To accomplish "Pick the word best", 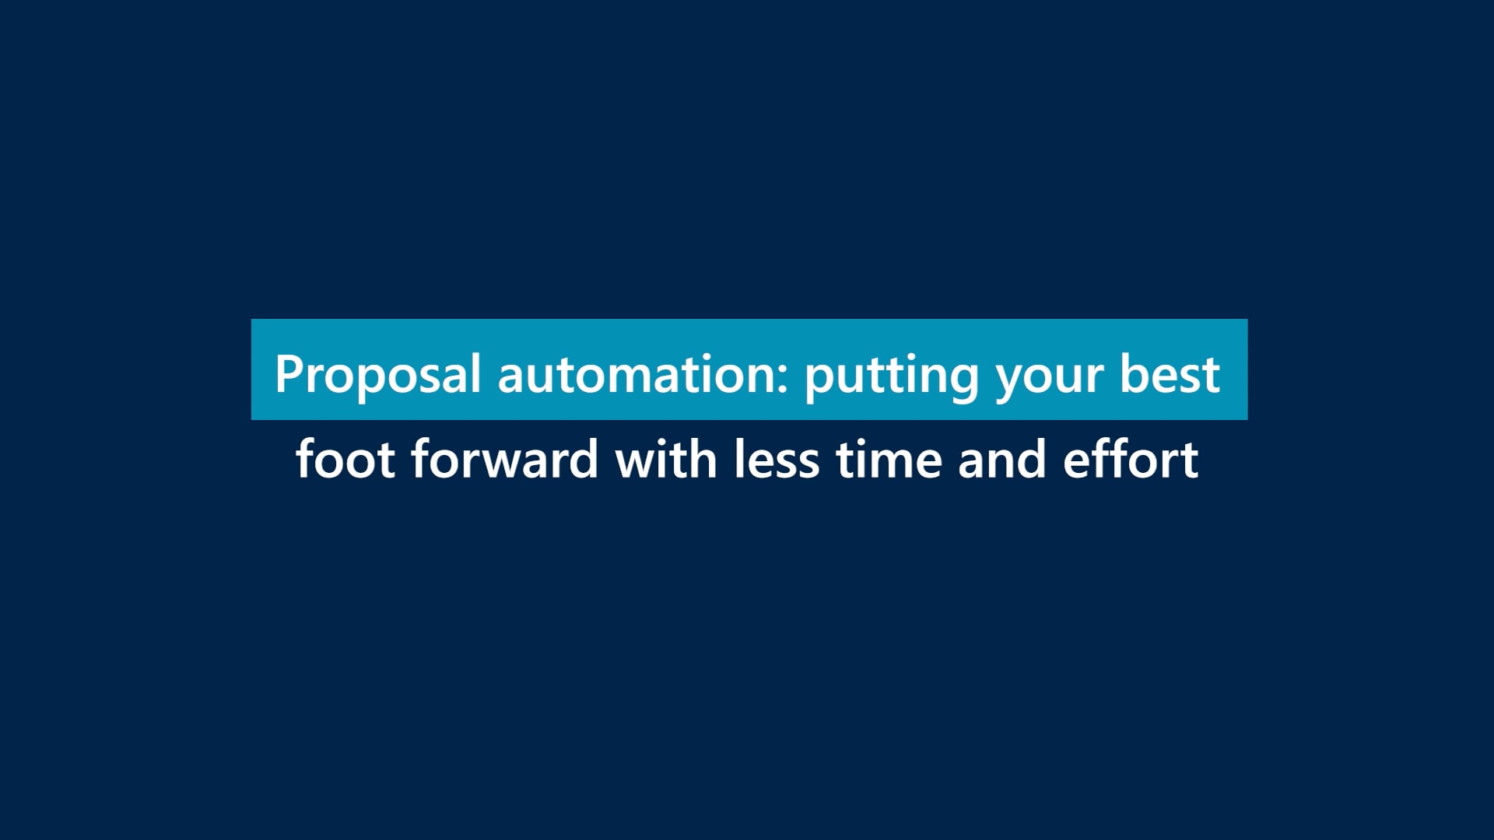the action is [1170, 374].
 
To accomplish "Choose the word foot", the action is [345, 458].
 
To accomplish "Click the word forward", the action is [504, 458].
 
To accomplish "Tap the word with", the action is [666, 458].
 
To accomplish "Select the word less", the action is [777, 458].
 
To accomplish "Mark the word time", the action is [889, 459].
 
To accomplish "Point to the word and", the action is [1002, 458].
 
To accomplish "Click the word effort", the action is [1131, 458].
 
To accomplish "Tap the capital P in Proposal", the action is [289, 374].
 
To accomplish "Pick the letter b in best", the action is [1135, 374].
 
